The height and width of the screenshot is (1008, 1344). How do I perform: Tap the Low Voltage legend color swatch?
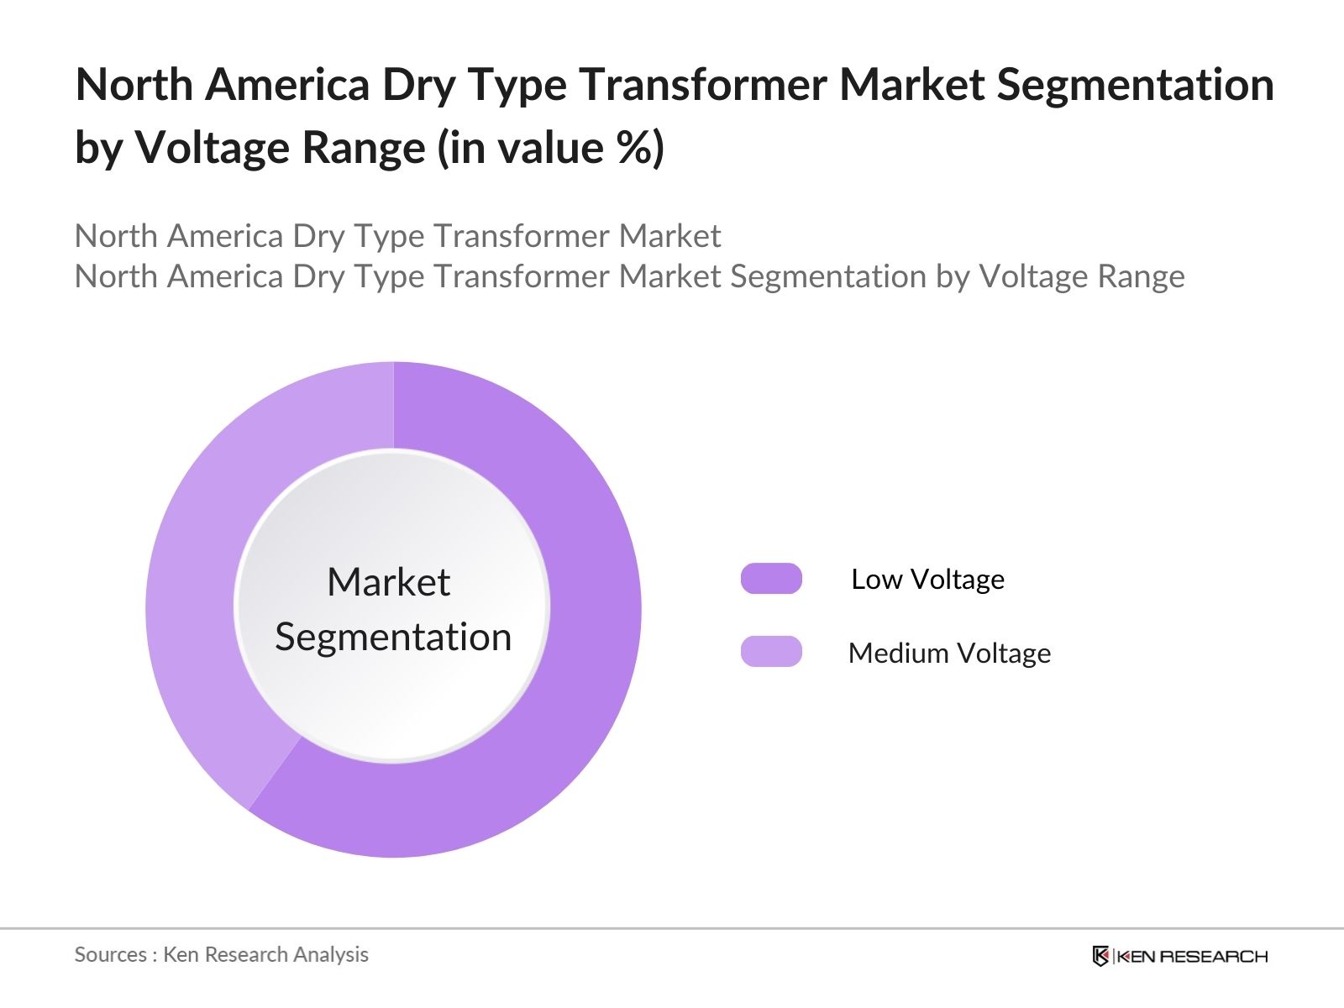click(x=771, y=579)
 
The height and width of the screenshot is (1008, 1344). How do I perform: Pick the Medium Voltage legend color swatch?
click(x=771, y=652)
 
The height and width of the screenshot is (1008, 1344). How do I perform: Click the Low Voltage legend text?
click(x=927, y=579)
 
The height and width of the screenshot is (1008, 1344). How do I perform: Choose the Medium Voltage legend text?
click(x=949, y=653)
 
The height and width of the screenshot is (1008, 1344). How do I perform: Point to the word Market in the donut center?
click(x=388, y=582)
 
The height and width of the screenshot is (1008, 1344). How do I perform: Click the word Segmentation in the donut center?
click(x=393, y=637)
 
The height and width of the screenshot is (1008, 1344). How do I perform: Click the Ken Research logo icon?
click(x=1100, y=956)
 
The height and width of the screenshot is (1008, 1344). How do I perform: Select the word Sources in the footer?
click(x=110, y=954)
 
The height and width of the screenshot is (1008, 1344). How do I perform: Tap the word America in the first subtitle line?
click(x=225, y=236)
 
